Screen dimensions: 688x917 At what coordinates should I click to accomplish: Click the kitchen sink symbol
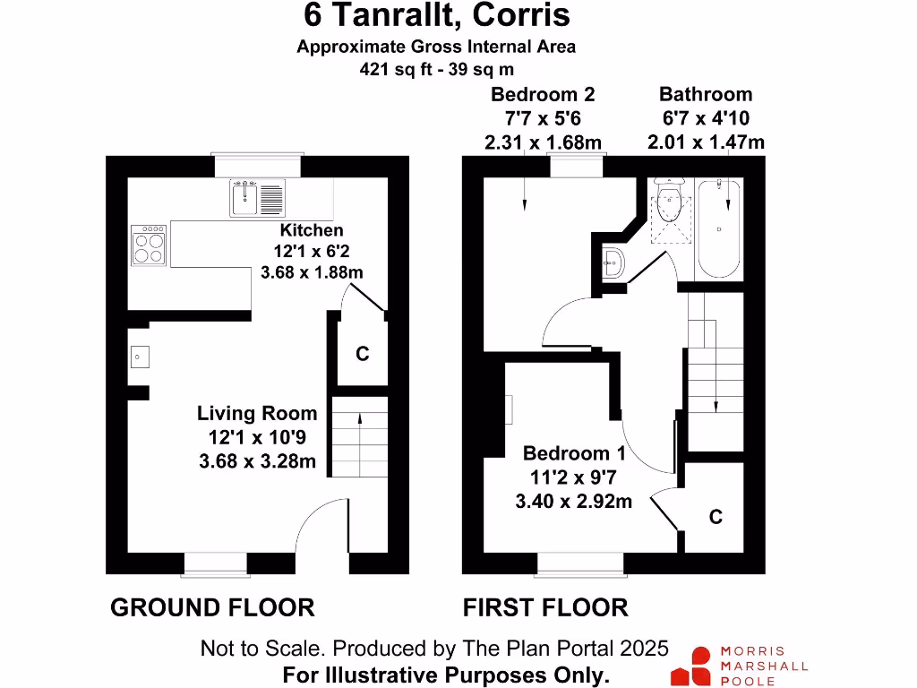pyautogui.click(x=258, y=197)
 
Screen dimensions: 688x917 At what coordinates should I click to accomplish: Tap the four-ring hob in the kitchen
pyautogui.click(x=150, y=245)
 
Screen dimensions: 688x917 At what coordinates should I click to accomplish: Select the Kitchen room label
pyautogui.click(x=311, y=230)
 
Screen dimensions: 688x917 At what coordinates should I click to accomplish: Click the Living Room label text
pyautogui.click(x=257, y=414)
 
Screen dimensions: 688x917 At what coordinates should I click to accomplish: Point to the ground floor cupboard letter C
pyautogui.click(x=362, y=355)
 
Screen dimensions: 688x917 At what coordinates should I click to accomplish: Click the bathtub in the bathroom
pyautogui.click(x=719, y=228)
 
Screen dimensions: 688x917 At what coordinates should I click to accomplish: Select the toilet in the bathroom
pyautogui.click(x=669, y=206)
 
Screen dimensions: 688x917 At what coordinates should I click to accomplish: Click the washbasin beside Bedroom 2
pyautogui.click(x=613, y=262)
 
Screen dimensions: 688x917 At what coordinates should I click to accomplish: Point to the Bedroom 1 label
pyautogui.click(x=574, y=454)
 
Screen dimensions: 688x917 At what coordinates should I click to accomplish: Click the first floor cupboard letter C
pyautogui.click(x=716, y=518)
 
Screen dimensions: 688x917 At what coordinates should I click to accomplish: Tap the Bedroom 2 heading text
pyautogui.click(x=543, y=94)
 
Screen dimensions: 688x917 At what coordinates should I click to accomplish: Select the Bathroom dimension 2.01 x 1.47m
pyautogui.click(x=707, y=142)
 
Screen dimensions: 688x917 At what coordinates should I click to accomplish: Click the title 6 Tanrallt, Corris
pyautogui.click(x=437, y=15)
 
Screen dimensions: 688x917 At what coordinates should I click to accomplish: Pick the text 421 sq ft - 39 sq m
pyautogui.click(x=436, y=68)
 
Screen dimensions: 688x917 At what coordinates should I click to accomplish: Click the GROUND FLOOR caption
pyautogui.click(x=212, y=607)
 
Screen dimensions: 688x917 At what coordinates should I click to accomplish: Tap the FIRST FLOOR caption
pyautogui.click(x=544, y=607)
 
